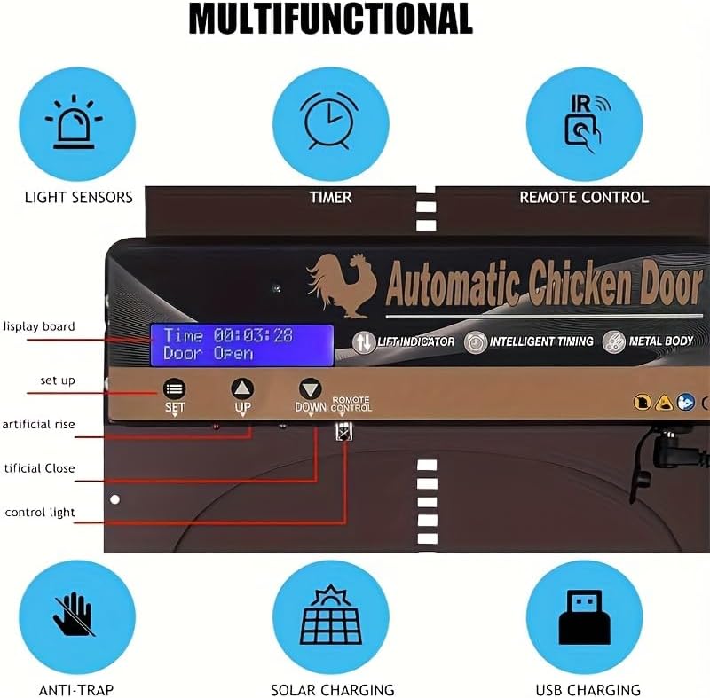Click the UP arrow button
click(242, 388)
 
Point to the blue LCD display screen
click(241, 345)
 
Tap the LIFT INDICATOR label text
click(416, 341)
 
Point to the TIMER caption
click(330, 197)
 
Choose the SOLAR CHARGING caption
click(332, 689)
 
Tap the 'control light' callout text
click(40, 513)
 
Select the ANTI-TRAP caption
click(76, 689)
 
